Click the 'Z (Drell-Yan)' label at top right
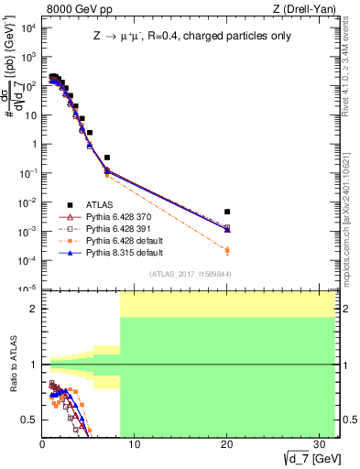click(x=307, y=10)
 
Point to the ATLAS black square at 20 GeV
click(x=227, y=212)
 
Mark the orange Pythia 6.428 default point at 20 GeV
click(x=227, y=250)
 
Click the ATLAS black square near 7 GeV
click(x=107, y=158)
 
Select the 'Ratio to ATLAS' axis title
click(x=13, y=365)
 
